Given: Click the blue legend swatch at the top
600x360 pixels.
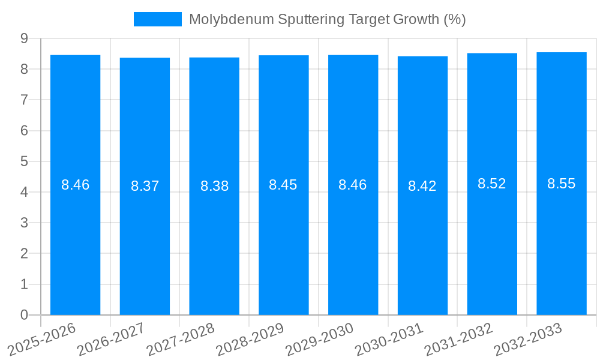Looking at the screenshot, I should tap(157, 19).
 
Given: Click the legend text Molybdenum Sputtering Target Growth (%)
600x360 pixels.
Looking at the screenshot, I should tap(327, 19).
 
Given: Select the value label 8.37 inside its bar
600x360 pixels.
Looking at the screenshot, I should tap(145, 186).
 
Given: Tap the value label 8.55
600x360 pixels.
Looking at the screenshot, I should tap(561, 184).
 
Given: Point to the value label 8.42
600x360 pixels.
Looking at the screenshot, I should tap(422, 186).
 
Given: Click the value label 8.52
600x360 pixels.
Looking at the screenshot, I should tap(491, 184).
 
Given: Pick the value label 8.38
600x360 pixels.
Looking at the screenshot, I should tap(214, 186).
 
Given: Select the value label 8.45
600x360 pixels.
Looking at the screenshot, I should tap(283, 185).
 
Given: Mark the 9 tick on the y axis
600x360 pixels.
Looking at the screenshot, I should tap(24, 38).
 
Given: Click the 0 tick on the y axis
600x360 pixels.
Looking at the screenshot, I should tap(24, 315).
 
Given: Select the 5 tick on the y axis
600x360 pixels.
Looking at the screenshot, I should tap(24, 161).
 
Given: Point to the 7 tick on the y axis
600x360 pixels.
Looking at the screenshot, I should tap(24, 100).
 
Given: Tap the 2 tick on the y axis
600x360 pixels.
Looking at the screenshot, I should tap(24, 254).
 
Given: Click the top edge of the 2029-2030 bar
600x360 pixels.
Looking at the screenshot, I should tap(353, 55).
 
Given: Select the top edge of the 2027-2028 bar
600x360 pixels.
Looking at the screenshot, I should tap(214, 58).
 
